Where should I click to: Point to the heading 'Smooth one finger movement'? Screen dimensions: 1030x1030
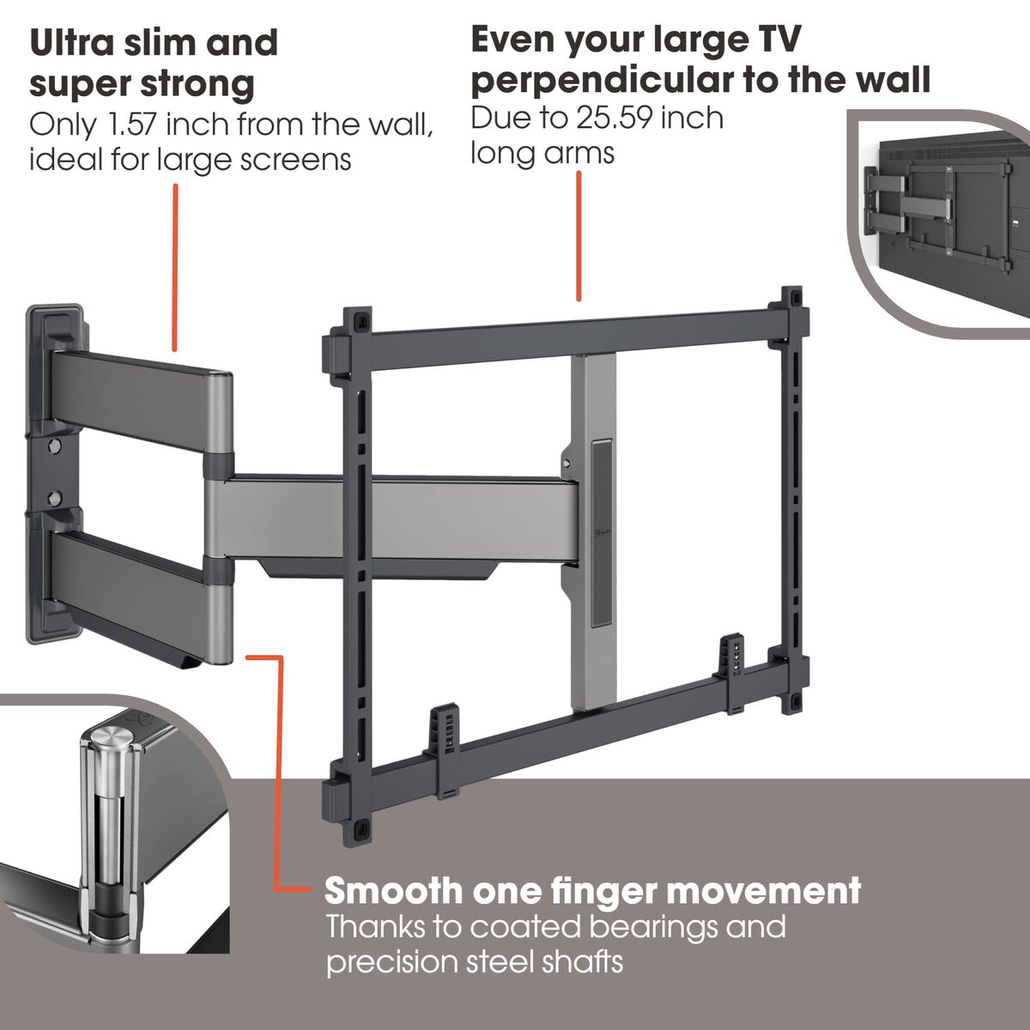pos(592,891)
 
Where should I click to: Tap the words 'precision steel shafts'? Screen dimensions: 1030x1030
pos(474,961)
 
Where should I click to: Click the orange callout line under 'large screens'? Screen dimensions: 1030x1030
pos(176,266)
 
